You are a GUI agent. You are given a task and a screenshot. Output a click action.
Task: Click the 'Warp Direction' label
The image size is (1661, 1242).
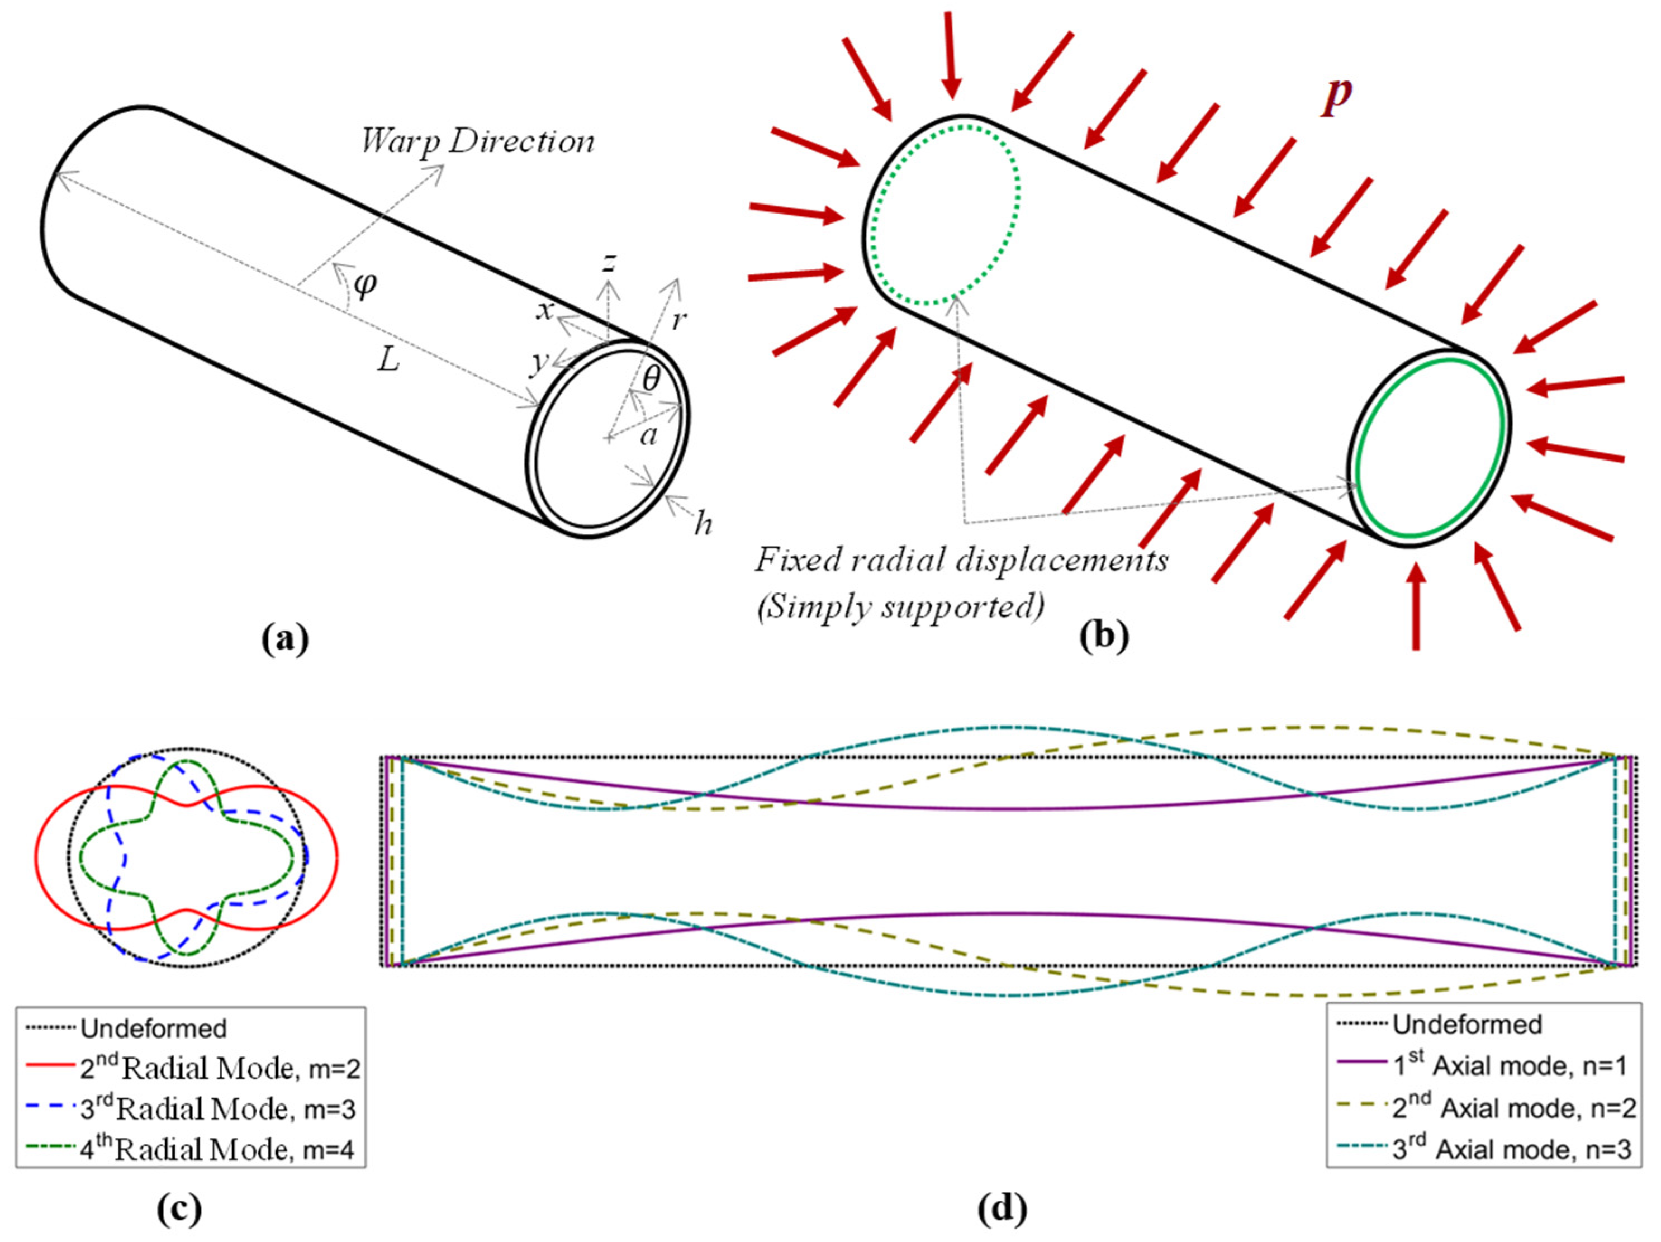click(478, 141)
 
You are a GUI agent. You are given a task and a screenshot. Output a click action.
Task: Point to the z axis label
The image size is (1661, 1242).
click(610, 262)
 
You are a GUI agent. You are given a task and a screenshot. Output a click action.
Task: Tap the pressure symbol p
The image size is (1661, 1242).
click(1337, 96)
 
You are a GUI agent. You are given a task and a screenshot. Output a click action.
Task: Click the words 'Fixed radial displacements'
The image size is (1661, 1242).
click(961, 560)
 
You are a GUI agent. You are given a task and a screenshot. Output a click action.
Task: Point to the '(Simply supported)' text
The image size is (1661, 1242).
click(900, 606)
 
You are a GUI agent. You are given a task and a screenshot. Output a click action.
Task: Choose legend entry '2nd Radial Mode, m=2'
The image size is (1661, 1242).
click(219, 1068)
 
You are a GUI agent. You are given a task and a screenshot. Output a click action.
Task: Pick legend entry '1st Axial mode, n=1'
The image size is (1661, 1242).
click(1510, 1065)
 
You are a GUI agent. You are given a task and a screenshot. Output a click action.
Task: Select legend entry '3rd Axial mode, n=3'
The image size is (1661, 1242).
click(1511, 1149)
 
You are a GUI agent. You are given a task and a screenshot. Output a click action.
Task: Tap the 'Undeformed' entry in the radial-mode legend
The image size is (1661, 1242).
click(153, 1028)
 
